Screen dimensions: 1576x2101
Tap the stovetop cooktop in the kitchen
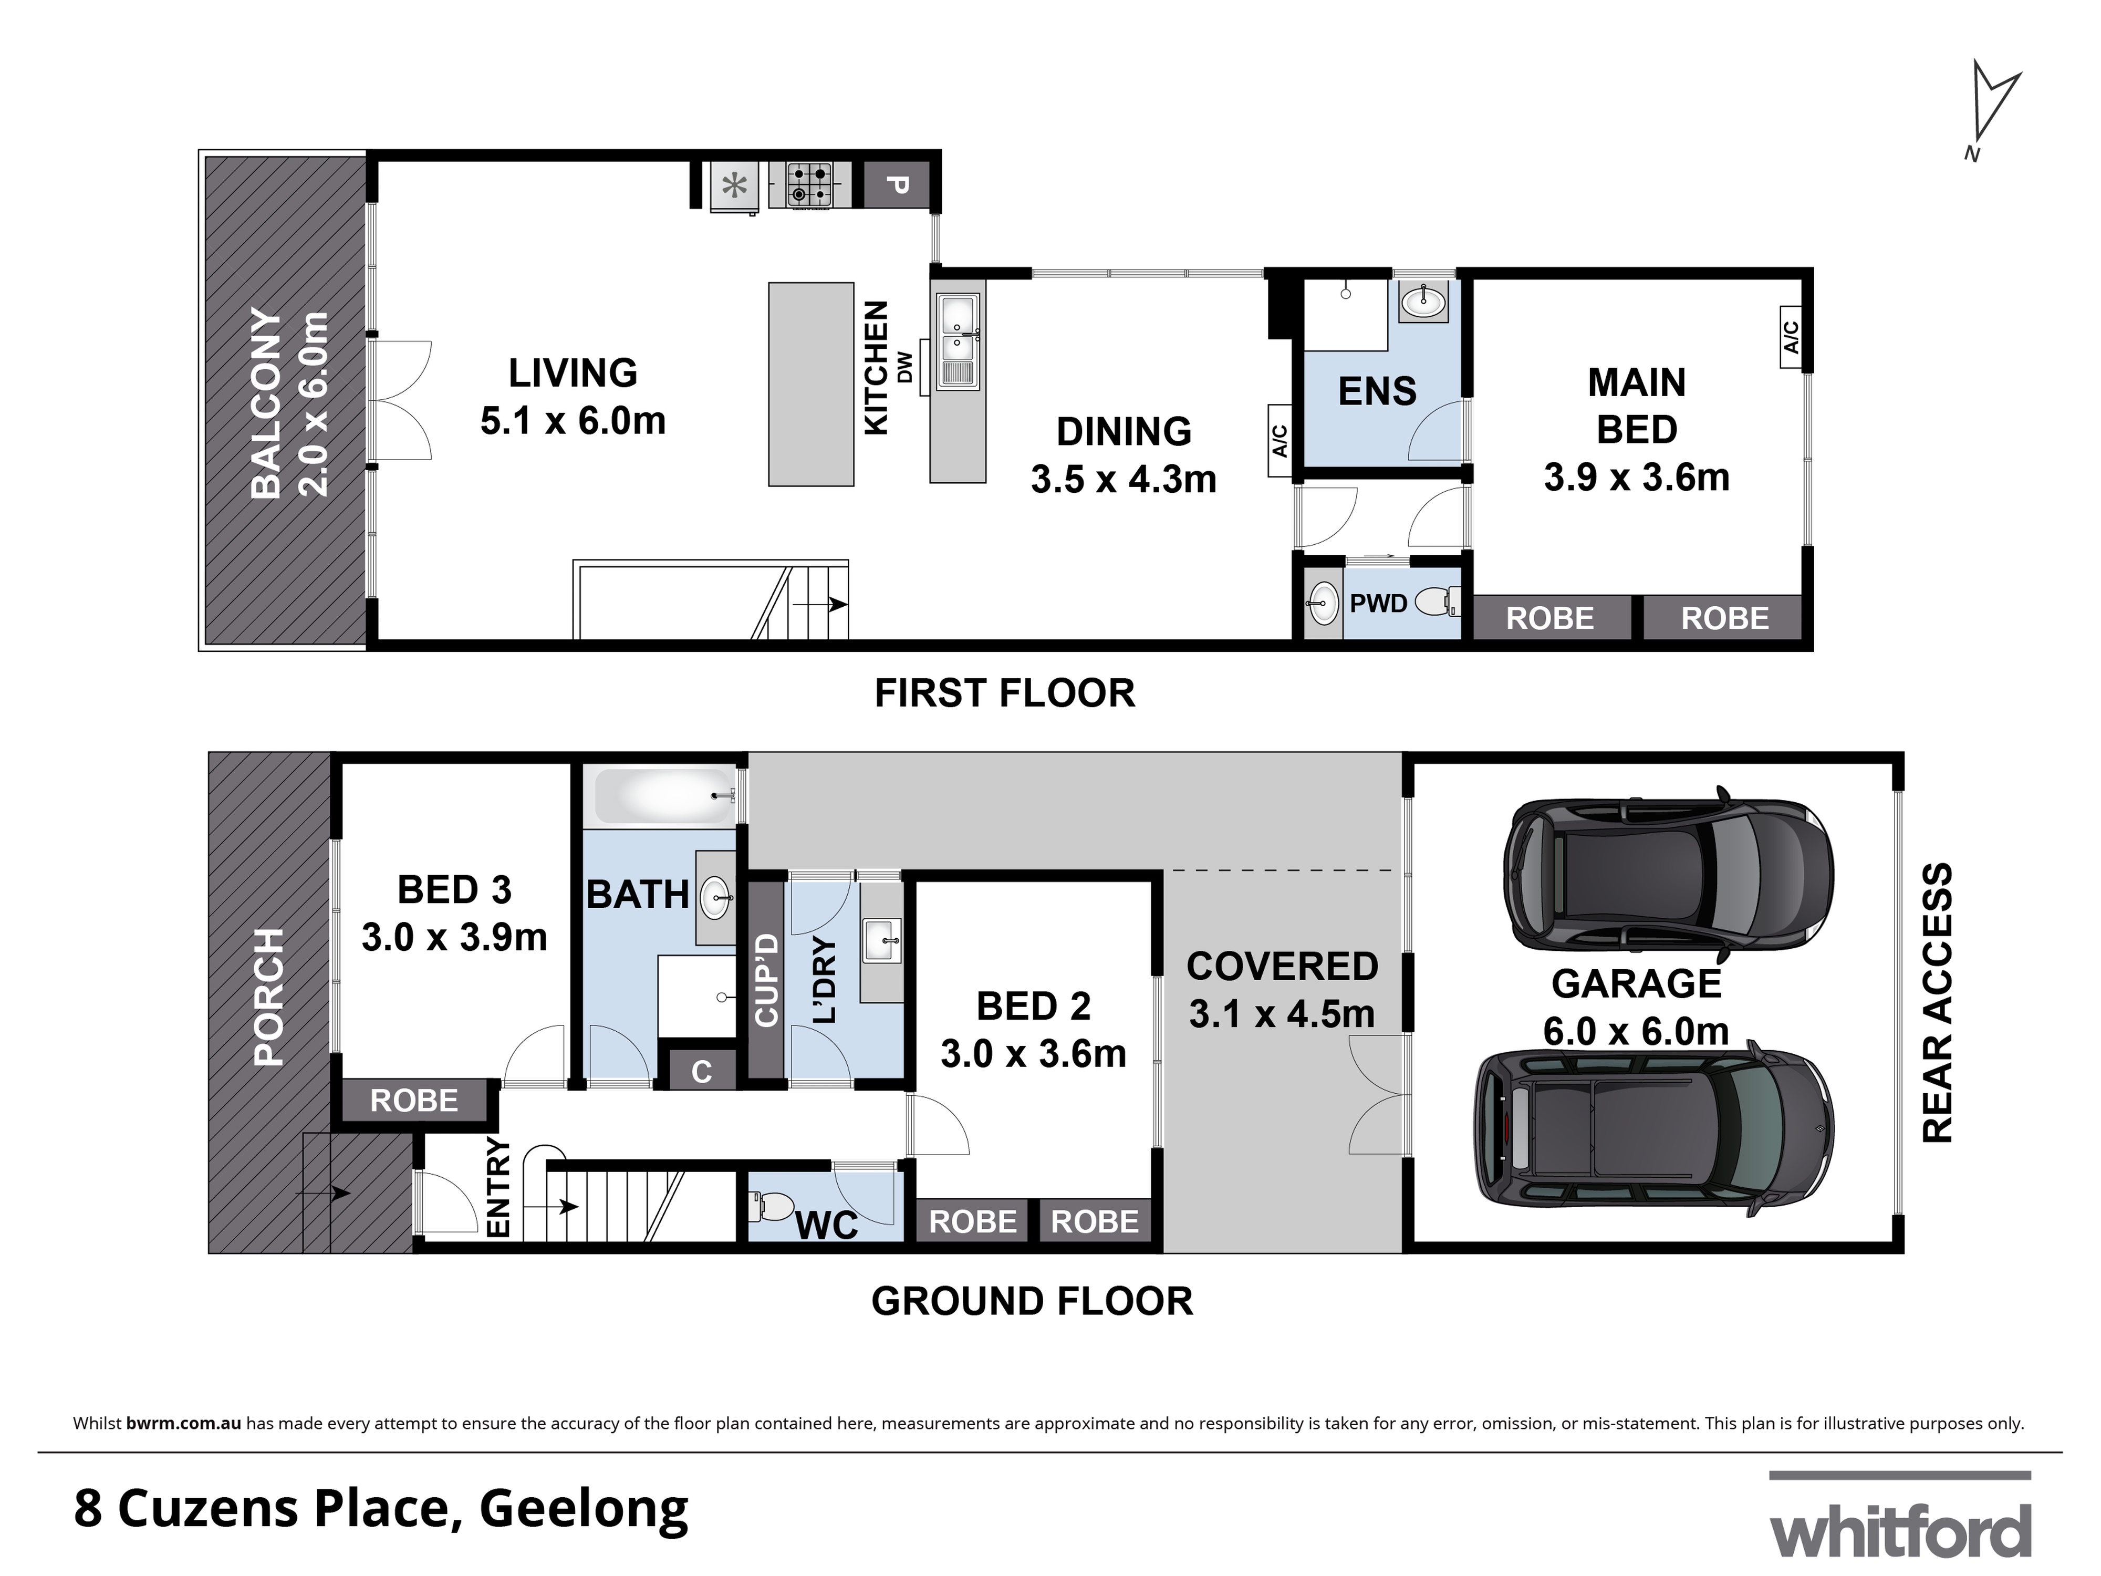click(809, 184)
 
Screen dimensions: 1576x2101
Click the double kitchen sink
click(958, 342)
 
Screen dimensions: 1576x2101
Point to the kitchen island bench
click(810, 385)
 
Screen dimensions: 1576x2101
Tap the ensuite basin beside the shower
click(1423, 302)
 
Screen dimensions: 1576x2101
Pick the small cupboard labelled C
click(701, 1072)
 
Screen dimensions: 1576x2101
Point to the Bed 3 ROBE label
click(414, 1100)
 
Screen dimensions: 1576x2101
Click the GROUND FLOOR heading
click(1032, 1301)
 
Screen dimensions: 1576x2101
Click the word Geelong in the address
click(583, 1508)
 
